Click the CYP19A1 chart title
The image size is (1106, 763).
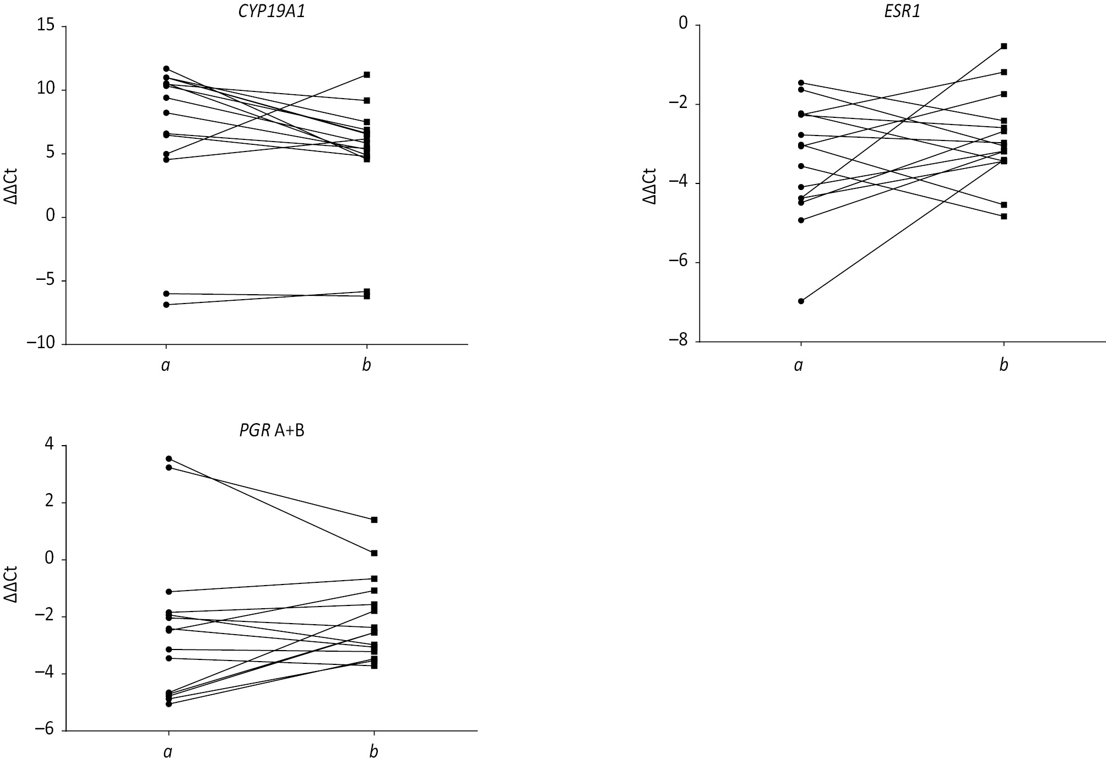click(x=272, y=12)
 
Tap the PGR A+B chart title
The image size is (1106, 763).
click(x=272, y=430)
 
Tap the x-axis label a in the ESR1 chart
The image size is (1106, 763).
click(x=799, y=365)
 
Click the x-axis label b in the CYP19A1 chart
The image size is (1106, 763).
click(x=366, y=365)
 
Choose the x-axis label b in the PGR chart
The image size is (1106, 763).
click(x=374, y=751)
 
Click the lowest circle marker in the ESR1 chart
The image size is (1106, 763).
click(x=801, y=301)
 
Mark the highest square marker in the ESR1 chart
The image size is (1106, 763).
click(x=1004, y=46)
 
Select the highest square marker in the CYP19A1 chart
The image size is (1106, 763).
click(x=367, y=74)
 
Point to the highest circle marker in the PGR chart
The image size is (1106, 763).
click(x=169, y=458)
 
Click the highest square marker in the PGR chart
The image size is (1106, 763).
click(x=375, y=520)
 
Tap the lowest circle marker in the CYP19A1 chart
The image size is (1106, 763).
click(x=166, y=305)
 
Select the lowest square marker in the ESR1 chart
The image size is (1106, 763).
click(x=1004, y=217)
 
